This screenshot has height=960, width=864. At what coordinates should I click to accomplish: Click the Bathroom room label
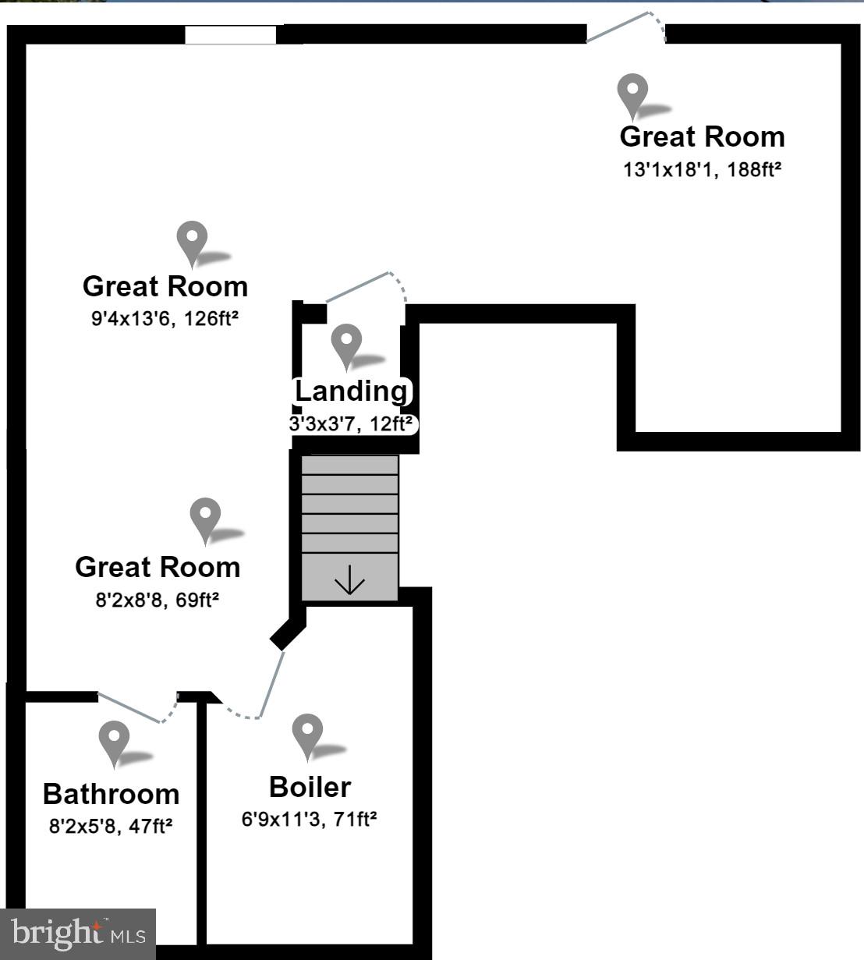pyautogui.click(x=111, y=793)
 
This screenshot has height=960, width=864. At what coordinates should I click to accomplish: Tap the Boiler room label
pyautogui.click(x=310, y=787)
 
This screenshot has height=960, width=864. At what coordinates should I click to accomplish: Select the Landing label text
pyautogui.click(x=351, y=390)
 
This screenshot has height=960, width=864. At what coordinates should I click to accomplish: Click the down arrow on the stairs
pyautogui.click(x=349, y=580)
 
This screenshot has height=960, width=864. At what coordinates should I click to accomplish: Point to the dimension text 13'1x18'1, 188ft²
pyautogui.click(x=702, y=169)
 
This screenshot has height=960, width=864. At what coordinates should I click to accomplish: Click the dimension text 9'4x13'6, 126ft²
pyautogui.click(x=165, y=318)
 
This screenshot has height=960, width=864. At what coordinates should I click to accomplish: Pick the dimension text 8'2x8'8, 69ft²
pyautogui.click(x=157, y=600)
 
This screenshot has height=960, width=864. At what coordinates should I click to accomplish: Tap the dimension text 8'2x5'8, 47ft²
pyautogui.click(x=111, y=826)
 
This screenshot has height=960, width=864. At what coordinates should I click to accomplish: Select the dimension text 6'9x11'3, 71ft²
pyautogui.click(x=310, y=819)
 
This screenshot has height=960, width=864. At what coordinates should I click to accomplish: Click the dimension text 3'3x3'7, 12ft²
pyautogui.click(x=351, y=424)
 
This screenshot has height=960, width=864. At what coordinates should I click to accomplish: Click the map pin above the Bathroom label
pyautogui.click(x=115, y=742)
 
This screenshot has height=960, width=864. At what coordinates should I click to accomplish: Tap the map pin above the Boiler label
pyautogui.click(x=307, y=734)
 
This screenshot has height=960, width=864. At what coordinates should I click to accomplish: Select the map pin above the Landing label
pyautogui.click(x=346, y=345)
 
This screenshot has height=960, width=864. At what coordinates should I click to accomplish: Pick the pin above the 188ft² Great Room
pyautogui.click(x=632, y=94)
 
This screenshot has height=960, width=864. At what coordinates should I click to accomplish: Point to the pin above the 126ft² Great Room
pyautogui.click(x=192, y=241)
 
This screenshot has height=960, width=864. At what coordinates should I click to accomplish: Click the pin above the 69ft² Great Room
pyautogui.click(x=205, y=519)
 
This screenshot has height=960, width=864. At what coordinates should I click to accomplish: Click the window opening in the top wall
pyautogui.click(x=230, y=35)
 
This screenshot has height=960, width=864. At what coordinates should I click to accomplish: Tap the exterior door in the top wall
pyautogui.click(x=626, y=28)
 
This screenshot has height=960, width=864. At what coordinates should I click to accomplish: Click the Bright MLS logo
pyautogui.click(x=78, y=933)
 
